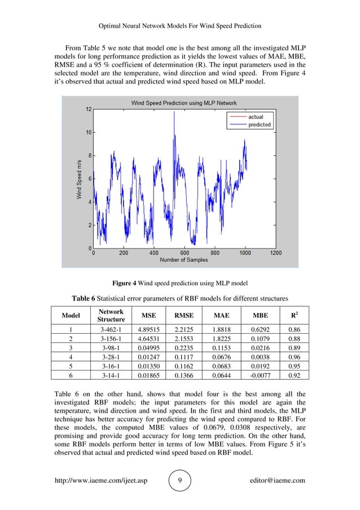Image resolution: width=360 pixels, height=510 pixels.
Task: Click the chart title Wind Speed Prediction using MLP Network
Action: [x=184, y=103]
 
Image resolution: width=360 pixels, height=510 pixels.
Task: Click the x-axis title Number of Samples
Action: [x=184, y=260]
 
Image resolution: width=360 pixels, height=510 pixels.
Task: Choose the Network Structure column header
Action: [x=111, y=315]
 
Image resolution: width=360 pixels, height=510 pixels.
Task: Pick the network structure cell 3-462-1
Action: [x=111, y=329]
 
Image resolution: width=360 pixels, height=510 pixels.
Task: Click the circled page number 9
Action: [x=179, y=481]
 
